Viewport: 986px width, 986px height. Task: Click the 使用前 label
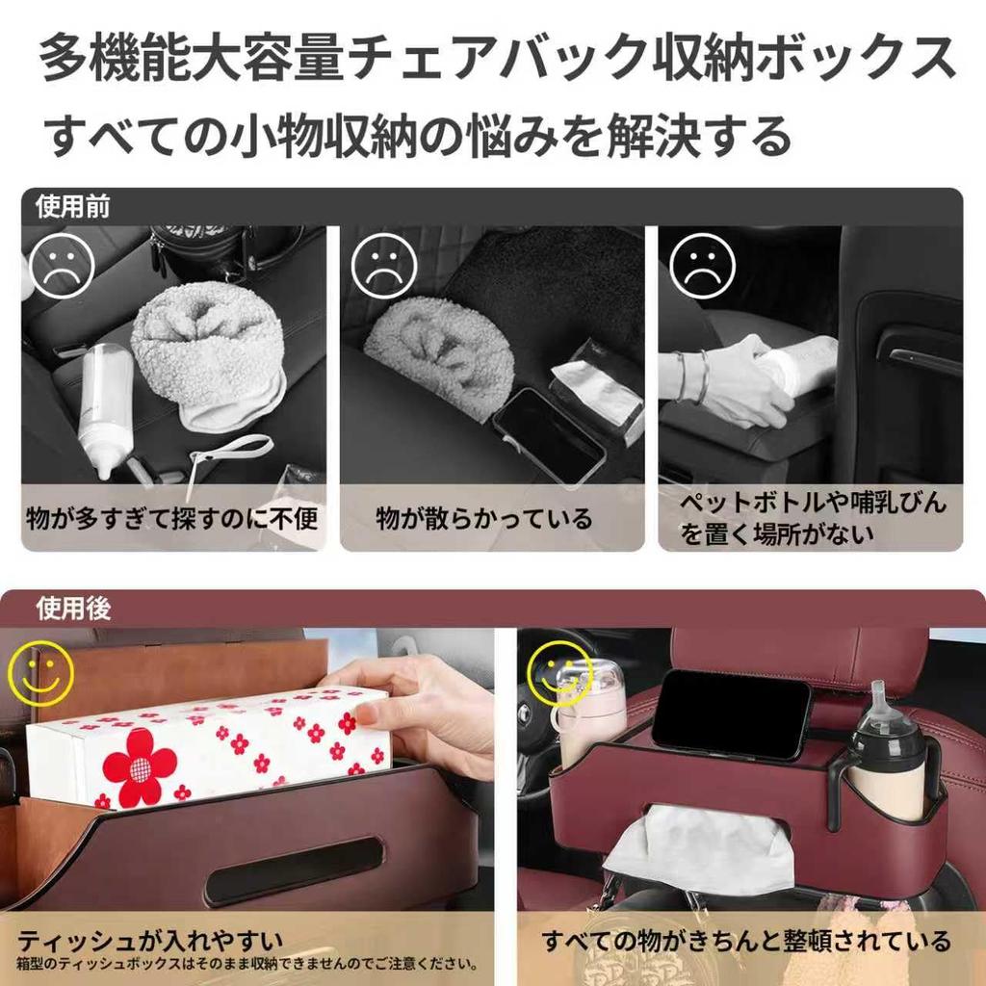72,206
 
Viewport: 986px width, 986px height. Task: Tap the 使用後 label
73,609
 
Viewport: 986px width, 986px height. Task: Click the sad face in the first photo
61,266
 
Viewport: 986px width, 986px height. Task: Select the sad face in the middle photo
383,266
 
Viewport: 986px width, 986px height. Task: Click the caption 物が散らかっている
483,519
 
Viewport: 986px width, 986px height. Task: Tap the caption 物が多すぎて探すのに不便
172,519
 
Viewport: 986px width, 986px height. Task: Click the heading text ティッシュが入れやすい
150,940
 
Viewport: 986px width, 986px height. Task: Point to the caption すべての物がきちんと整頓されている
745,940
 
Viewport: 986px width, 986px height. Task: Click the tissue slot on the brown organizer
293,869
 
